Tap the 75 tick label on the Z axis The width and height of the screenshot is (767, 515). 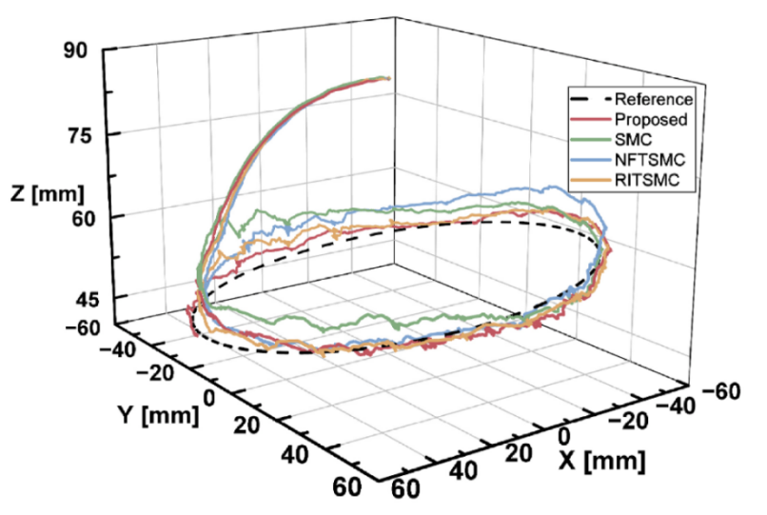77,135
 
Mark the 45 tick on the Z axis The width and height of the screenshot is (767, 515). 77,300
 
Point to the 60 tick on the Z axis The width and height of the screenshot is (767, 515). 77,217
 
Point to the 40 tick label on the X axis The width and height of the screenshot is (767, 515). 464,472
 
